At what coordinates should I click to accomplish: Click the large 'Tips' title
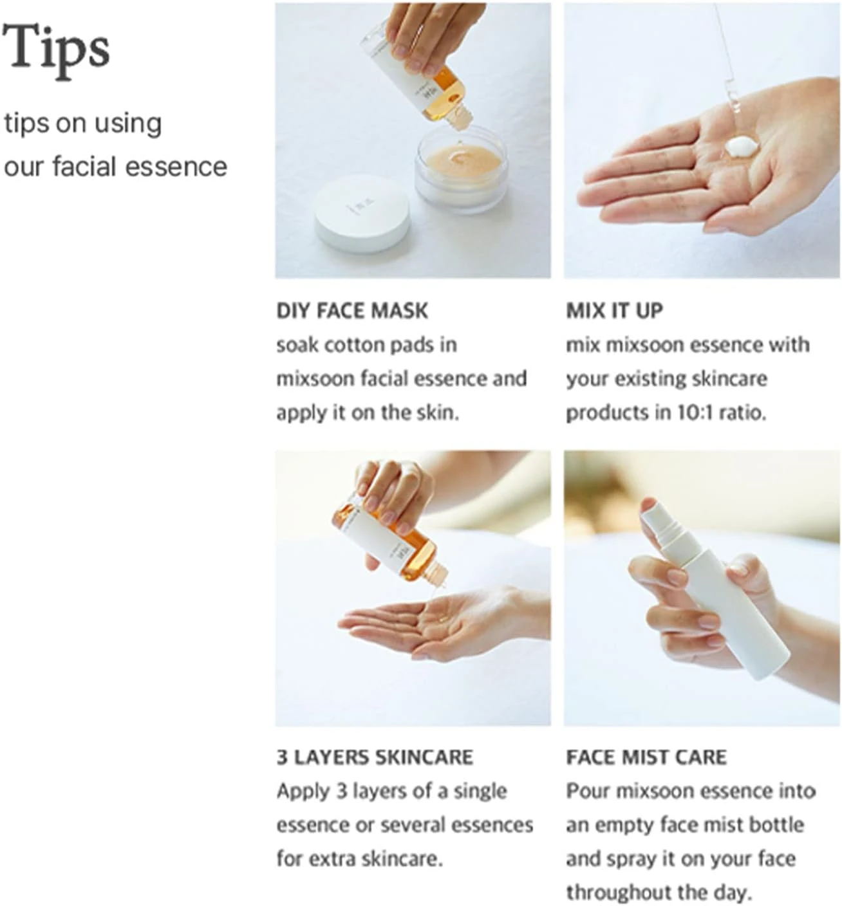click(x=56, y=51)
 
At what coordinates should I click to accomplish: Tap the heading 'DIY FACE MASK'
click(x=352, y=311)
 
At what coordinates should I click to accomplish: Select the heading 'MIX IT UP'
click(x=614, y=311)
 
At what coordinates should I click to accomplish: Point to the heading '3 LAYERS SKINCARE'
click(x=375, y=758)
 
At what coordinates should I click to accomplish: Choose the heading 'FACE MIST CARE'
click(x=646, y=758)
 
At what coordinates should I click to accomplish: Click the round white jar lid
click(x=362, y=214)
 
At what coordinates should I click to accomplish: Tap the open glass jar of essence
click(x=461, y=169)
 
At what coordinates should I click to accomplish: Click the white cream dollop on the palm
click(x=742, y=147)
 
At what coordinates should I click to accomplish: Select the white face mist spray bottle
click(x=713, y=589)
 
